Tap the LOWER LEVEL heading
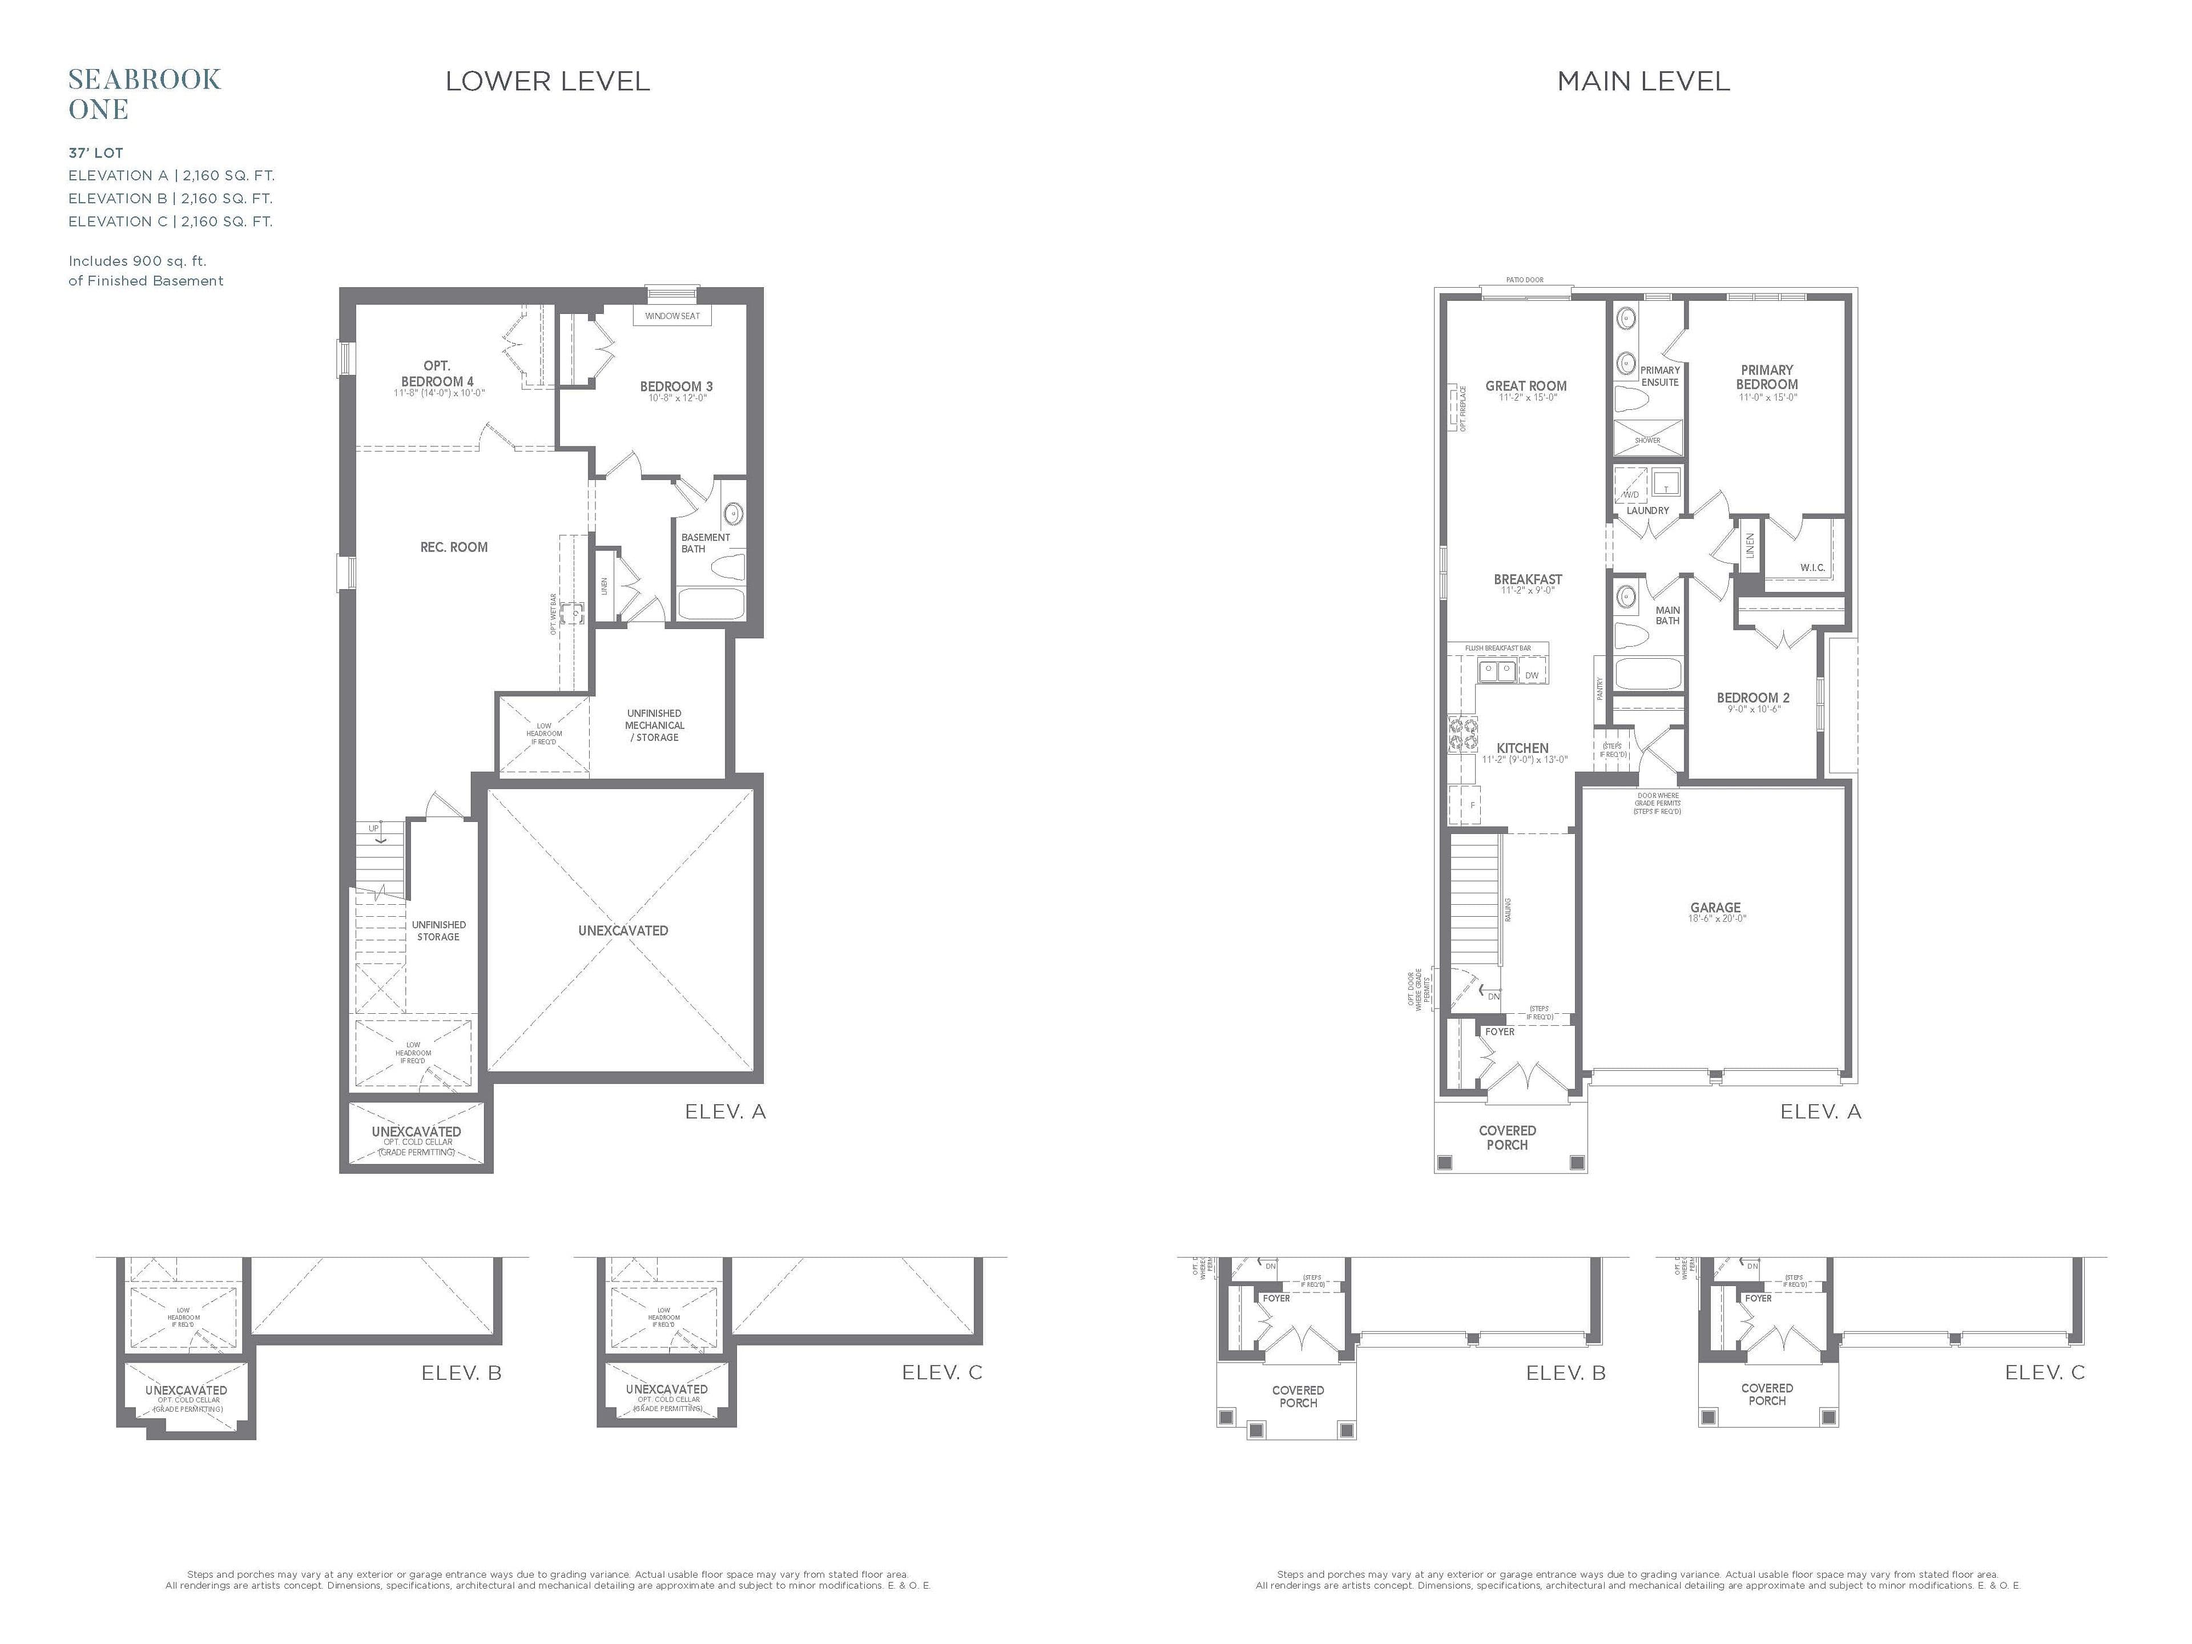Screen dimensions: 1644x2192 tap(547, 81)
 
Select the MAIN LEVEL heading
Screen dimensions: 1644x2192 tap(1643, 81)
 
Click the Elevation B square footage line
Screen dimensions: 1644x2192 tap(171, 198)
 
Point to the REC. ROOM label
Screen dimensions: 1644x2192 tap(454, 547)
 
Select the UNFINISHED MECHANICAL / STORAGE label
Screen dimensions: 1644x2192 tap(654, 726)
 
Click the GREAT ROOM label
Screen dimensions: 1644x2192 tap(1526, 386)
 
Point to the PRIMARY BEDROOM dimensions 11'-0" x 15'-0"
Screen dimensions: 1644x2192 tap(1767, 397)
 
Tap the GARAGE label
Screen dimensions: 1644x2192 tap(1715, 908)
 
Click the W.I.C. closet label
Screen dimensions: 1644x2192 tap(1812, 568)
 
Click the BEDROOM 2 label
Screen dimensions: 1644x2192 tap(1753, 698)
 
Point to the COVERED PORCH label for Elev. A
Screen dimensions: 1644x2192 tap(1507, 1138)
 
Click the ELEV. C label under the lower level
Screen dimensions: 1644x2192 tap(941, 1372)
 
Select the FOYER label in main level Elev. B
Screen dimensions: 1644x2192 tap(1276, 1298)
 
